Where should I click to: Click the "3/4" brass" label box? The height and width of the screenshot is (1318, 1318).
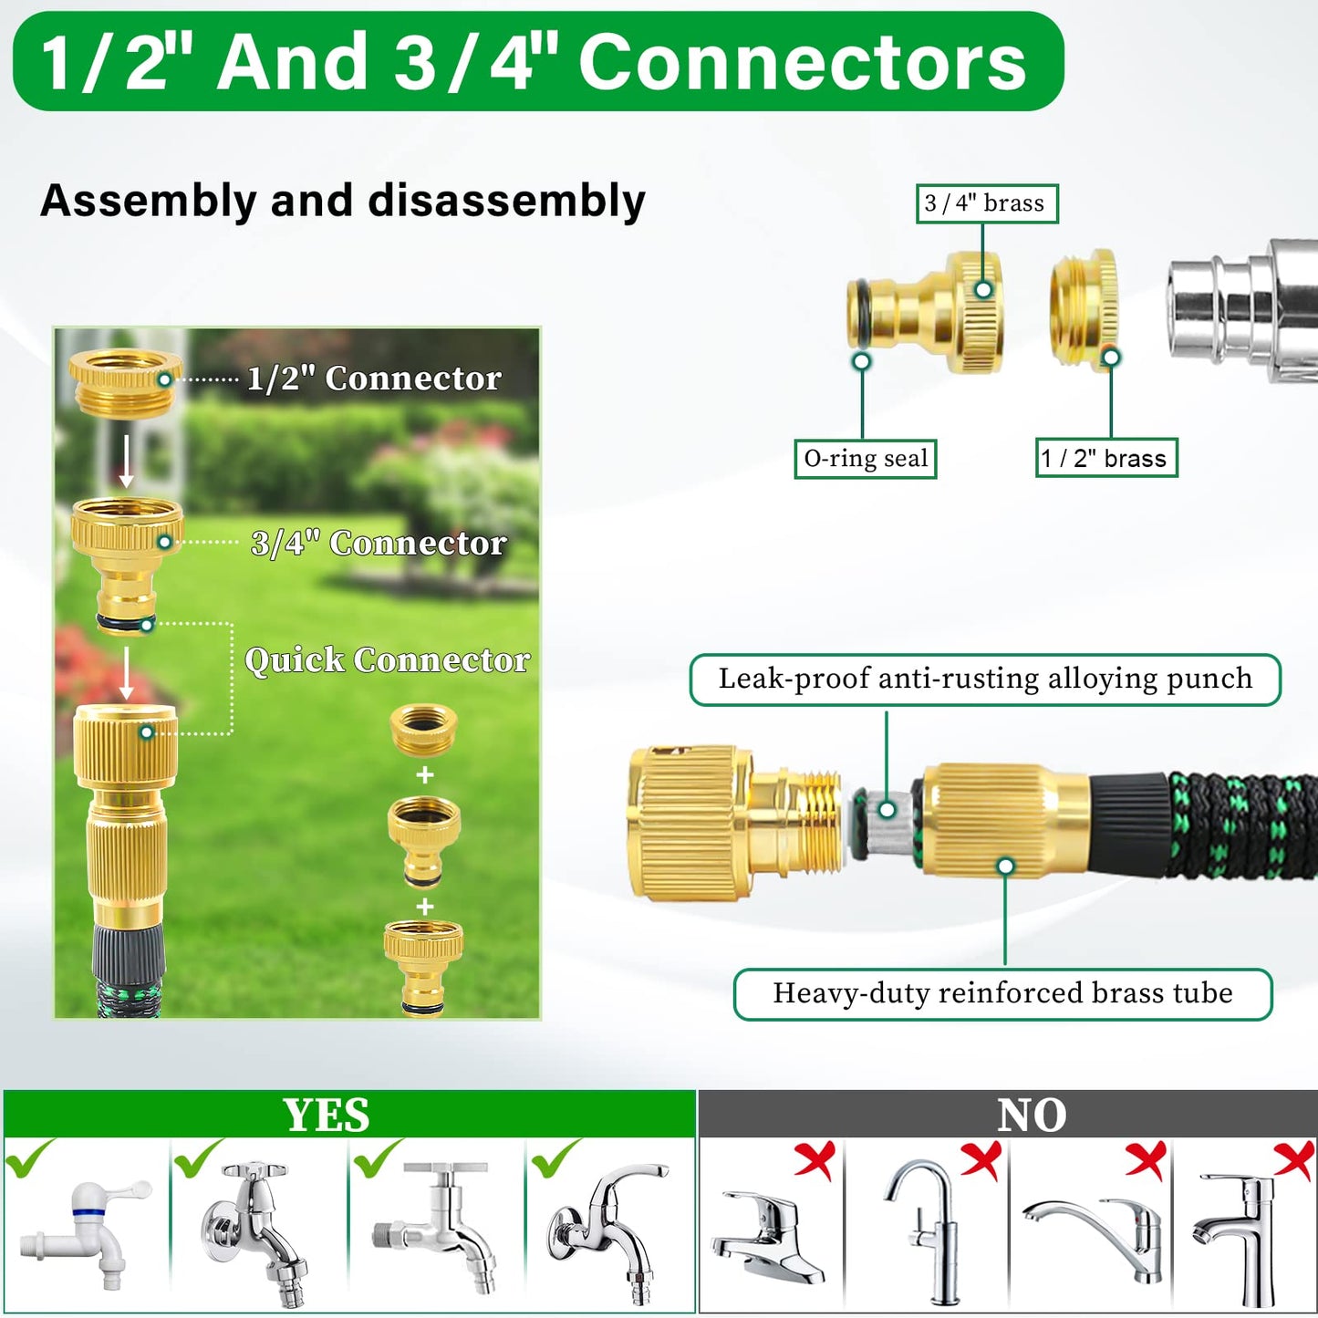coord(987,203)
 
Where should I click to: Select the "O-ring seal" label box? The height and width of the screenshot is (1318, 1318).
coord(866,458)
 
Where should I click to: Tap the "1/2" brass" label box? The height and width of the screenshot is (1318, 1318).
coord(1106,458)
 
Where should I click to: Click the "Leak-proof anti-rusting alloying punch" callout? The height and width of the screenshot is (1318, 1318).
coord(985,680)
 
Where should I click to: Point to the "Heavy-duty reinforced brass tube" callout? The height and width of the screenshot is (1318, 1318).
coord(1002,994)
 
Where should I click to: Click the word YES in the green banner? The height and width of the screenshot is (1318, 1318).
coord(327,1115)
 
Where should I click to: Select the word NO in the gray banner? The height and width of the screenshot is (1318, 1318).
coord(1032,1115)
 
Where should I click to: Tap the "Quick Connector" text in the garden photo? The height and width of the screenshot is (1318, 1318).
coord(387,660)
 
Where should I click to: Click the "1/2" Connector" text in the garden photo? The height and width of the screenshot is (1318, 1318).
coord(374,378)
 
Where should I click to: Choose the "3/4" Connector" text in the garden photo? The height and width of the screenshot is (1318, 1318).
coord(379,543)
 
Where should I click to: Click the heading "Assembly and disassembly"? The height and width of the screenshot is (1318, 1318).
coord(343,201)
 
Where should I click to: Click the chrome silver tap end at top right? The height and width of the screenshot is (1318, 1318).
coord(1241,311)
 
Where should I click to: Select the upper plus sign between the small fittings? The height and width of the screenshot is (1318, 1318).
coord(425,775)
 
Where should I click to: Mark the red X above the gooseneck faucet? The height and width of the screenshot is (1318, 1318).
coord(981,1161)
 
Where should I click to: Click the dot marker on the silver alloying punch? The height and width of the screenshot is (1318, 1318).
coord(887,810)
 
